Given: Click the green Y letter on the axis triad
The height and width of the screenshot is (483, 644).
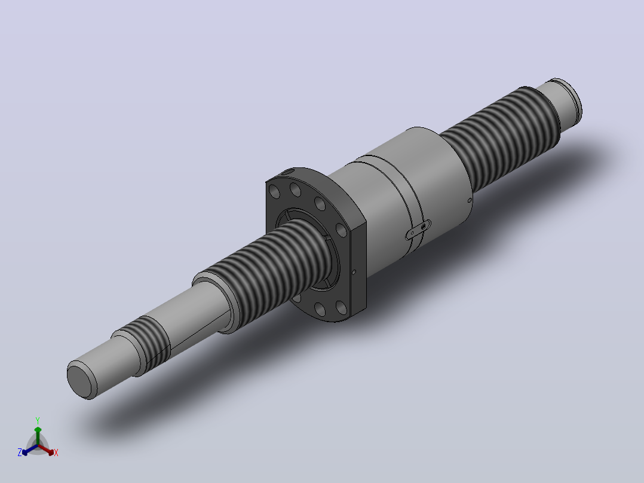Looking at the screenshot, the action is (38, 420).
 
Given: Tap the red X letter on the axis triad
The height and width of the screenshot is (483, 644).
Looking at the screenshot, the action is (56, 453).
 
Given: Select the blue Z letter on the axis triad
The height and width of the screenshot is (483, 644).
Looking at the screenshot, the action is (20, 452).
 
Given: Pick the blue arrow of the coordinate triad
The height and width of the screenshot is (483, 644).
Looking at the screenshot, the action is (30, 450).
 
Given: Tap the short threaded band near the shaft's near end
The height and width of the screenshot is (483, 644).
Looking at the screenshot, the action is (149, 341).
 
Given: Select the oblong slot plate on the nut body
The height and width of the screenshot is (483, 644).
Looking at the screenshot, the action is (418, 230).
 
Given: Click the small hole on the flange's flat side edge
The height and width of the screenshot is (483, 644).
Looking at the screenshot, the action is (354, 272).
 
